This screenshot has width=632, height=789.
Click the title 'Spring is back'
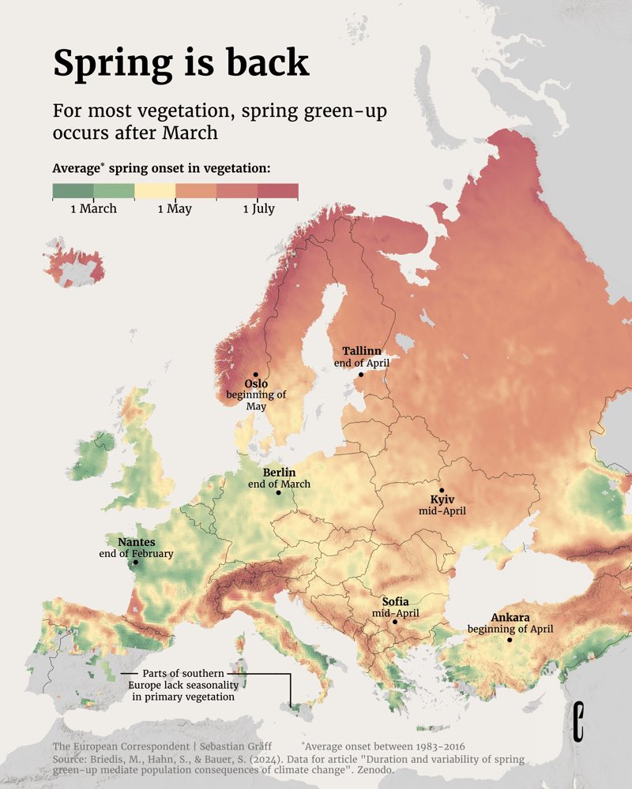tap(181, 63)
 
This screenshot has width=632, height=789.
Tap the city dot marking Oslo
tap(255, 375)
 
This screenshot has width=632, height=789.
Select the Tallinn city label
tap(362, 350)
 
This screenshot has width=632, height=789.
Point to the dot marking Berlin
tap(278, 492)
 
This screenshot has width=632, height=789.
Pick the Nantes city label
tap(136, 542)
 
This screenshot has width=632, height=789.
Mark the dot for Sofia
tap(395, 622)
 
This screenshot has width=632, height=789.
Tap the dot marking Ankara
tap(510, 640)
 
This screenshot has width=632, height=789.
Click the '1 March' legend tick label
tap(93, 209)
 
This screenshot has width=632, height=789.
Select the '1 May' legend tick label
tap(175, 209)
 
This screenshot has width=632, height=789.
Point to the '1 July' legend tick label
tap(258, 209)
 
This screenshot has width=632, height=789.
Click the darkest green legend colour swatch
tap(73, 191)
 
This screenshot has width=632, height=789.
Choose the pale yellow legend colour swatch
tap(154, 191)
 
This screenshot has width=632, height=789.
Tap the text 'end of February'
tap(136, 554)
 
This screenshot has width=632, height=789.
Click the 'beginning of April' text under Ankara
tap(510, 629)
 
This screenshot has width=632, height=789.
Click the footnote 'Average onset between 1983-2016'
tap(382, 746)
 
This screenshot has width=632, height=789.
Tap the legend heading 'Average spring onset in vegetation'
tap(161, 168)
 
